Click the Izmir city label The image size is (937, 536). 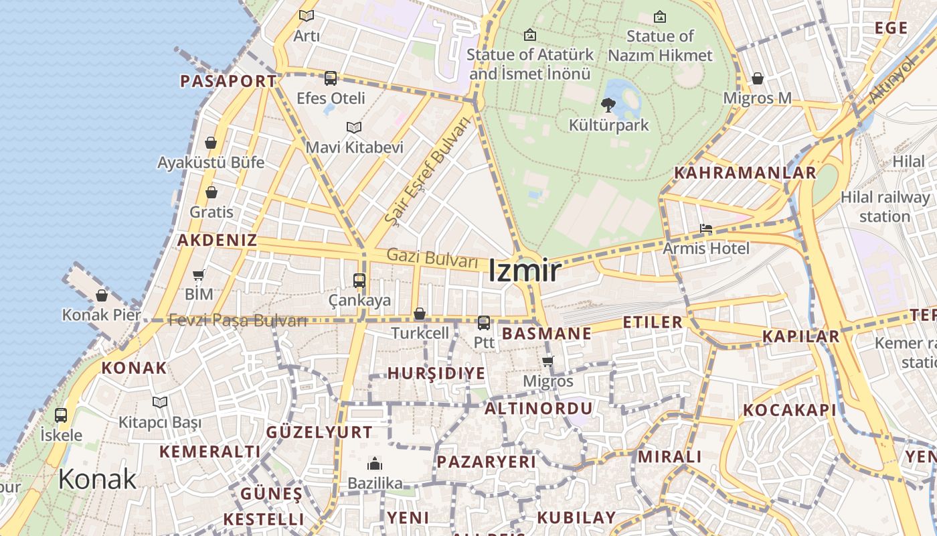pos(525,271)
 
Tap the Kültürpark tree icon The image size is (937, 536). pos(608,105)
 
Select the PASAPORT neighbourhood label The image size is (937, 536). pos(228,82)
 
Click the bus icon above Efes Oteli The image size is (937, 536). pos(331,78)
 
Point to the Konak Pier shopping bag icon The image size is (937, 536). pos(102,295)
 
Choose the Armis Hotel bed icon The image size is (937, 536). pos(706,228)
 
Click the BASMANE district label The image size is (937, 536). pos(547,334)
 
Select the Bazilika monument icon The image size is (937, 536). pos(374,464)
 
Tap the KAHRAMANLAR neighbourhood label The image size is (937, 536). pos(745,173)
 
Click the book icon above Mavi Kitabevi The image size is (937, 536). pos(354,127)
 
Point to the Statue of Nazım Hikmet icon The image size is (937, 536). pos(660,16)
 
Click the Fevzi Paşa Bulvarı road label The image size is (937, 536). pos(238,320)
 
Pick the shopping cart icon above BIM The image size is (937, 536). pos(199,275)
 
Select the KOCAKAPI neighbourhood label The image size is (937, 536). pos(790,411)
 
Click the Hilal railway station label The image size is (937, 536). pos(885,206)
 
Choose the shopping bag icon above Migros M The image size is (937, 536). pos(758,79)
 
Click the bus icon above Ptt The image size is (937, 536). pos(484,323)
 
